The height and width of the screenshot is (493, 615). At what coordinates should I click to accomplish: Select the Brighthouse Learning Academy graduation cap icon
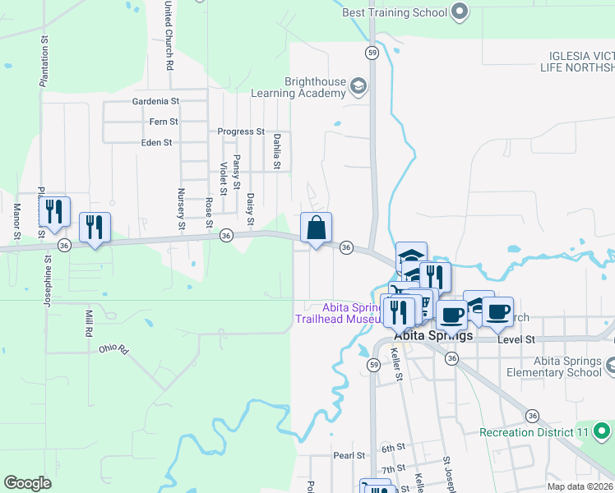click(358, 85)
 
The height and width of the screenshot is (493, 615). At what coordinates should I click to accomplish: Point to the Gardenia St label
click(155, 102)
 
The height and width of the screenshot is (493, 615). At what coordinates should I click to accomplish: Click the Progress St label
click(240, 131)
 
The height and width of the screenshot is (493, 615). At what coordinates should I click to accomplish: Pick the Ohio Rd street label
click(114, 348)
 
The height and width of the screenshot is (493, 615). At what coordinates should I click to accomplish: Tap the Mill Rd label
click(88, 324)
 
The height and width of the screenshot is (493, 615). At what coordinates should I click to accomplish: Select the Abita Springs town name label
click(433, 336)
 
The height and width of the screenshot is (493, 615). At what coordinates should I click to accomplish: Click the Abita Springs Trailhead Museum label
click(338, 312)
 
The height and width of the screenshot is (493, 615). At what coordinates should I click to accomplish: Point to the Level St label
click(518, 339)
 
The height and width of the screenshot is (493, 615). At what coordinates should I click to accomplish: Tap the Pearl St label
click(349, 455)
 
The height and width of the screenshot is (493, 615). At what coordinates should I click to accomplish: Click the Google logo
click(27, 483)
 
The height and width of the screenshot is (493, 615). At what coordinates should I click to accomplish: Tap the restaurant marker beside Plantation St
click(54, 212)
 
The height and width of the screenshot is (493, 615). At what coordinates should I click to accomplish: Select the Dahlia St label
click(278, 152)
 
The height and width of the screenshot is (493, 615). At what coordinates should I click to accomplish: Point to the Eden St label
click(156, 142)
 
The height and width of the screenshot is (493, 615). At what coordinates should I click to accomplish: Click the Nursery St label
click(181, 209)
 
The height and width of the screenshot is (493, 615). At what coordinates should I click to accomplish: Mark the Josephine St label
click(49, 274)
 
